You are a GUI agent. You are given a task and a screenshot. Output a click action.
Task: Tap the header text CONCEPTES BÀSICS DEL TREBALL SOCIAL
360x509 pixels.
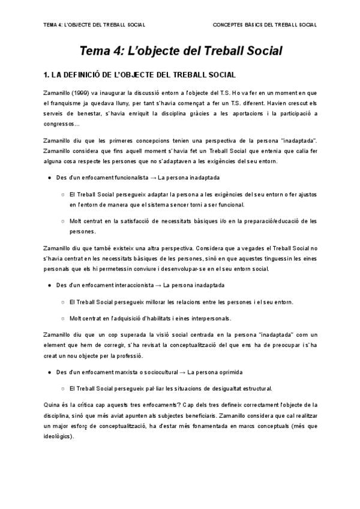click(x=265, y=25)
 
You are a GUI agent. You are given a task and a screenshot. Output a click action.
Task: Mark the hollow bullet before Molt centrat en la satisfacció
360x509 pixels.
click(x=64, y=221)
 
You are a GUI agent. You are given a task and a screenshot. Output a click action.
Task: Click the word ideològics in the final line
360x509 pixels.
click(x=58, y=436)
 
